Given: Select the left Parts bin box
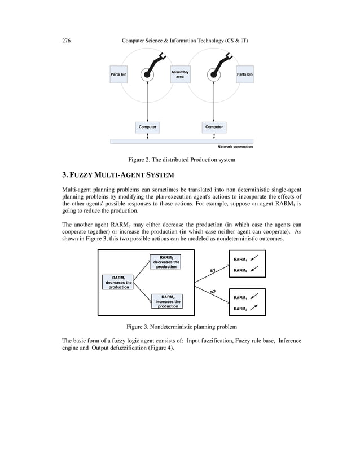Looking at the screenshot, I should point(118,74).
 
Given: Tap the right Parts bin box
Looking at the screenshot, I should point(244,74).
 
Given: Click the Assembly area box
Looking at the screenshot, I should point(180,74).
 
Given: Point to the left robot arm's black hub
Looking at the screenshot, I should point(147,74).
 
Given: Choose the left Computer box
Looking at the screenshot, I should point(147,127).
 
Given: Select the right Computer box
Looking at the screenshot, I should point(214,127).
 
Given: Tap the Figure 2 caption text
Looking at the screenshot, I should point(181,160).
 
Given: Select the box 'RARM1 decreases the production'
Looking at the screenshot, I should point(118,282).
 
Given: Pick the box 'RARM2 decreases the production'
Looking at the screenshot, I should point(165,262).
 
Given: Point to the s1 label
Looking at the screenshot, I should point(213,271).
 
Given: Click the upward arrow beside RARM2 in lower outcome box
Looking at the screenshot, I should point(254,308).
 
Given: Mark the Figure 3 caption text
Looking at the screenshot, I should point(181,326).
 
